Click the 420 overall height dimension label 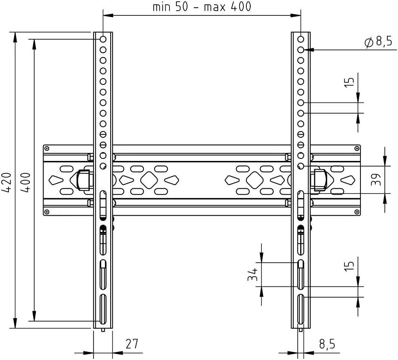point(7,182)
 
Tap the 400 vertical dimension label point(26,182)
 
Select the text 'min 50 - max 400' point(202,7)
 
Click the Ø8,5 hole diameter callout point(378,41)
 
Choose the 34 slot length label point(253,275)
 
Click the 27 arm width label point(132,344)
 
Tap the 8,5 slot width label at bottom point(327,344)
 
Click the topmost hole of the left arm point(103,39)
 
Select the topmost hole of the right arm point(301,39)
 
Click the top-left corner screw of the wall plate point(47,149)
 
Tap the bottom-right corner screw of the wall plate point(357,211)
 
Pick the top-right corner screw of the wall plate point(357,149)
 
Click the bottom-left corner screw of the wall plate point(47,211)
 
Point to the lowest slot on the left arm point(103,309)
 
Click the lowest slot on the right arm point(301,309)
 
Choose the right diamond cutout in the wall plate point(255,180)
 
